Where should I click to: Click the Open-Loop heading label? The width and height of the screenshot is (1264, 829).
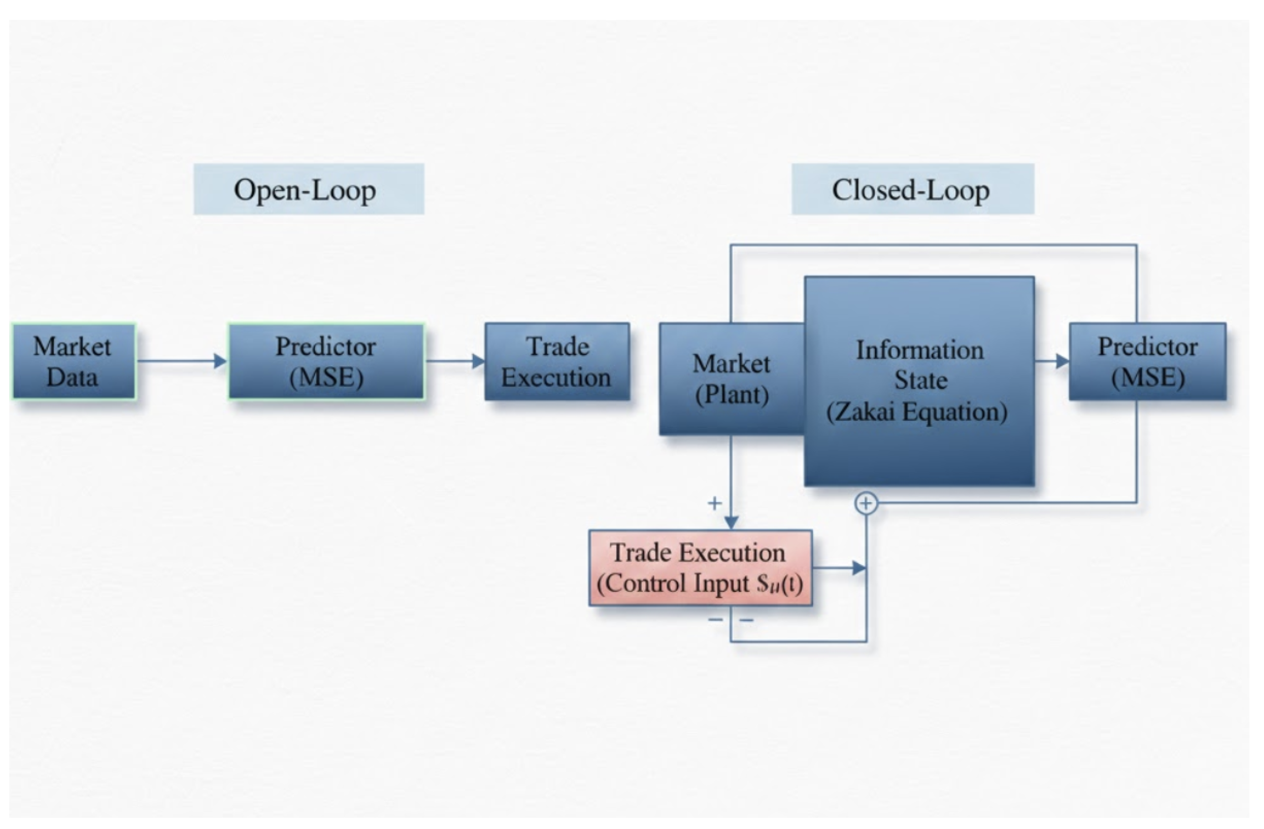coord(309,189)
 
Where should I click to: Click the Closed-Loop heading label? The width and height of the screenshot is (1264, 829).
coord(913,189)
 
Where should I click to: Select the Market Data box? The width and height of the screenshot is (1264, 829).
coord(74,361)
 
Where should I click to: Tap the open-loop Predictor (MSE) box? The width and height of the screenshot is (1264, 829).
coord(327,361)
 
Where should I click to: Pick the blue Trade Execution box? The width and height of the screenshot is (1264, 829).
coord(557,361)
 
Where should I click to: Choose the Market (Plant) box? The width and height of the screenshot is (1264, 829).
coord(732,379)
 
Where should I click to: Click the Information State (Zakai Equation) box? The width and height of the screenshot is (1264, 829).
coord(919,381)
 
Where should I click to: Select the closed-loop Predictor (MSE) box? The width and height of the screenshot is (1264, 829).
coord(1147,361)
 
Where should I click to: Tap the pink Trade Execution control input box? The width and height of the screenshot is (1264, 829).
coord(700,568)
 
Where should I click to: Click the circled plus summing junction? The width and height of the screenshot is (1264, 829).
coord(866,503)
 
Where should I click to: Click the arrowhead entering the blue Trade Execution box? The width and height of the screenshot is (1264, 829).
coord(478,361)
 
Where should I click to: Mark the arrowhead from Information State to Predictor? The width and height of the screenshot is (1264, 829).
coord(1063,361)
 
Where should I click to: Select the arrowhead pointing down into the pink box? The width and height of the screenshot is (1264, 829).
coord(731,523)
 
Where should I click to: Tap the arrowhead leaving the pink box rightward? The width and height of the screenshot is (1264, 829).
coord(859,568)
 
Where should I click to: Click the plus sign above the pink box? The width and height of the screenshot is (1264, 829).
coord(715,503)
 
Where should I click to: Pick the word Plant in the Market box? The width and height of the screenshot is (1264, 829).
coord(732,395)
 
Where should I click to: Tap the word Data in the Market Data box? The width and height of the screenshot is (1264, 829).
coord(72,377)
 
